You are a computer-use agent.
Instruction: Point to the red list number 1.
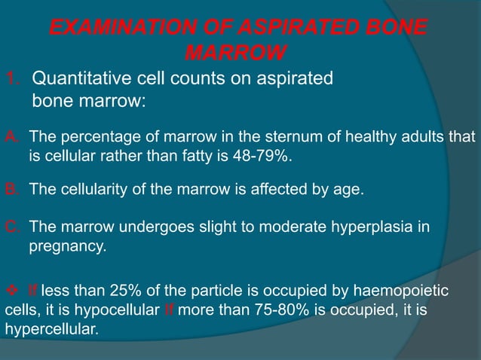point(11,78)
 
